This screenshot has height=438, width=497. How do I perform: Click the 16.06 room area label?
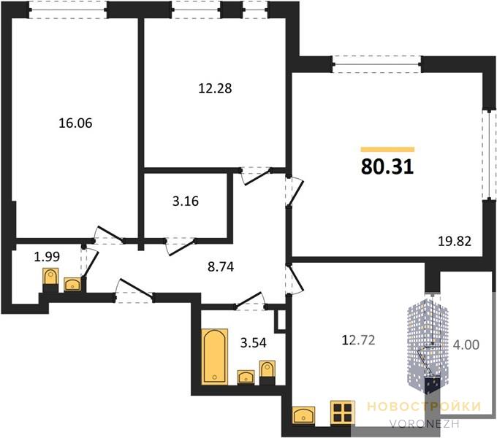(x=75, y=123)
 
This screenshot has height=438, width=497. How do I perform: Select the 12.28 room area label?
(x=215, y=88)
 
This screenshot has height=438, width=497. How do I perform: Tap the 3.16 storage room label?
(x=186, y=201)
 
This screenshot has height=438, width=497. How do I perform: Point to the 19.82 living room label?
(x=455, y=242)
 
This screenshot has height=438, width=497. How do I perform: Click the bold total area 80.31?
(x=387, y=166)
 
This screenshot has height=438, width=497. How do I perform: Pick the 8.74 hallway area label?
(x=221, y=266)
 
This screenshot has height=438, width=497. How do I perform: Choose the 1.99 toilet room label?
(x=47, y=257)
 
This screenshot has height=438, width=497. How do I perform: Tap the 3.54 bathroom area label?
(x=254, y=342)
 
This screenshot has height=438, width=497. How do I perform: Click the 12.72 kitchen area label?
(x=358, y=340)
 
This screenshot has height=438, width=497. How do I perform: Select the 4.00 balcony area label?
(x=466, y=345)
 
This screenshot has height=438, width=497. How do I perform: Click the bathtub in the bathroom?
(x=214, y=357)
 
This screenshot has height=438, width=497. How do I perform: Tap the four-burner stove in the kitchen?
(x=342, y=412)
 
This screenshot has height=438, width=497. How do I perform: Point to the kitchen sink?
(x=303, y=415)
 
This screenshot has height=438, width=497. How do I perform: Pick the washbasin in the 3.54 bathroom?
(x=246, y=377)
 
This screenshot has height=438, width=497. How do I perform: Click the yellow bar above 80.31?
(x=387, y=150)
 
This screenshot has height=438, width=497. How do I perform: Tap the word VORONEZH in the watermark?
(x=425, y=424)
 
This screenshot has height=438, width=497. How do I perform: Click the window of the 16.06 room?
(x=68, y=9)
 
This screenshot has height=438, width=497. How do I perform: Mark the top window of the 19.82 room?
(x=377, y=64)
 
